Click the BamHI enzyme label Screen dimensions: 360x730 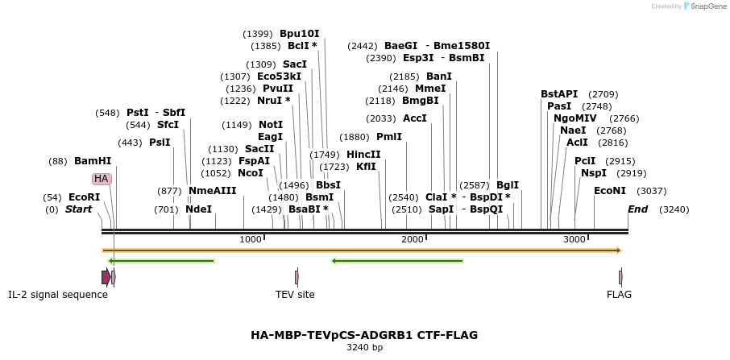(93, 161)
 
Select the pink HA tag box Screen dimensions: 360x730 (101, 179)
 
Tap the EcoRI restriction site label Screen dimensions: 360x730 (84, 197)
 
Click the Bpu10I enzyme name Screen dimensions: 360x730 (299, 34)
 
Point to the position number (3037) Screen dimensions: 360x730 (651, 191)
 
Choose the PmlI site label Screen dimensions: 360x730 (388, 137)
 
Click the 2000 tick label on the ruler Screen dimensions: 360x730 (413, 239)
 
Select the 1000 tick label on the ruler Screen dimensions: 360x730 (251, 239)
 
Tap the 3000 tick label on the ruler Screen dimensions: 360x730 (574, 239)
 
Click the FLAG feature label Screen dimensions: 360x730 (619, 295)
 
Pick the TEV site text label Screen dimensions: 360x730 (295, 295)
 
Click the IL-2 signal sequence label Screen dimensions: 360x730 (58, 295)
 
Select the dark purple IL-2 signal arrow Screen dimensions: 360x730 (106, 277)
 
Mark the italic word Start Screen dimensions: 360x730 (78, 209)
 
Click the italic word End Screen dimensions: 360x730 (637, 209)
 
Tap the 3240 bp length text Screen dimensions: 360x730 (364, 348)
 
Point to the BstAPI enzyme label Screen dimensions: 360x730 (559, 94)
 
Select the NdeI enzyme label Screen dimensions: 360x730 (198, 209)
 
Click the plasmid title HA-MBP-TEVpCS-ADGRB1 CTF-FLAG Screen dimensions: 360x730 (364, 335)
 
